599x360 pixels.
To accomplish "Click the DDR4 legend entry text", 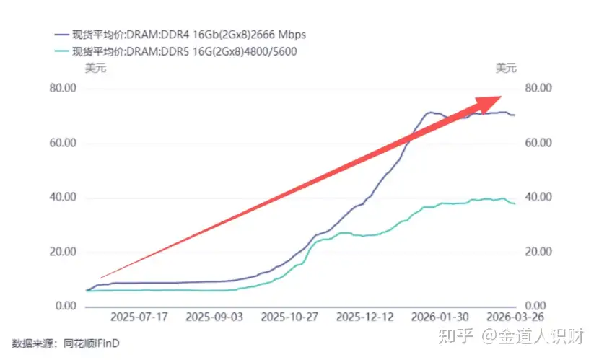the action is tap(189, 35).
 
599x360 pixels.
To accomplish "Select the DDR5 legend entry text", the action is tap(185, 51).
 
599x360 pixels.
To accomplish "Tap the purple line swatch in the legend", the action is tap(61, 35).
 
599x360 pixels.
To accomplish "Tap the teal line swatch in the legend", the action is tap(61, 51).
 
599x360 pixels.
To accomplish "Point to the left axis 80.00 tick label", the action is tap(63, 88).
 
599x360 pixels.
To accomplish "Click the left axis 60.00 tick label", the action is tap(63, 143).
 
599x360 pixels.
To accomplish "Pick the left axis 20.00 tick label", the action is tap(63, 252).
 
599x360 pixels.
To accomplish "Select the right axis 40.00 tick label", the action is tap(538, 197).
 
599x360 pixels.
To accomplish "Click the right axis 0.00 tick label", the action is tap(535, 306).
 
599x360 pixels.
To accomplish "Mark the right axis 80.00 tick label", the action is tap(538, 88).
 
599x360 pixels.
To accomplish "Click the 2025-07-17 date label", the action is tap(139, 317).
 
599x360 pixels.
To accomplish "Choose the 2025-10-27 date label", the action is tap(289, 317).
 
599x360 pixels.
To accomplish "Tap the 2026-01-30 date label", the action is tap(440, 317).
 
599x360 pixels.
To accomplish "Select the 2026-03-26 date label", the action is tap(515, 317).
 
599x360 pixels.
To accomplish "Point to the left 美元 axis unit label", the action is tap(95, 69).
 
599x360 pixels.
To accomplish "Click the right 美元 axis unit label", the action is tap(506, 69).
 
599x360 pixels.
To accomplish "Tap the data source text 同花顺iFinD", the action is tap(92, 343).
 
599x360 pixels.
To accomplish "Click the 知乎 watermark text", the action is tap(455, 336).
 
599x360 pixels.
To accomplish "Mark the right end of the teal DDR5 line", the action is tap(515, 203).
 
